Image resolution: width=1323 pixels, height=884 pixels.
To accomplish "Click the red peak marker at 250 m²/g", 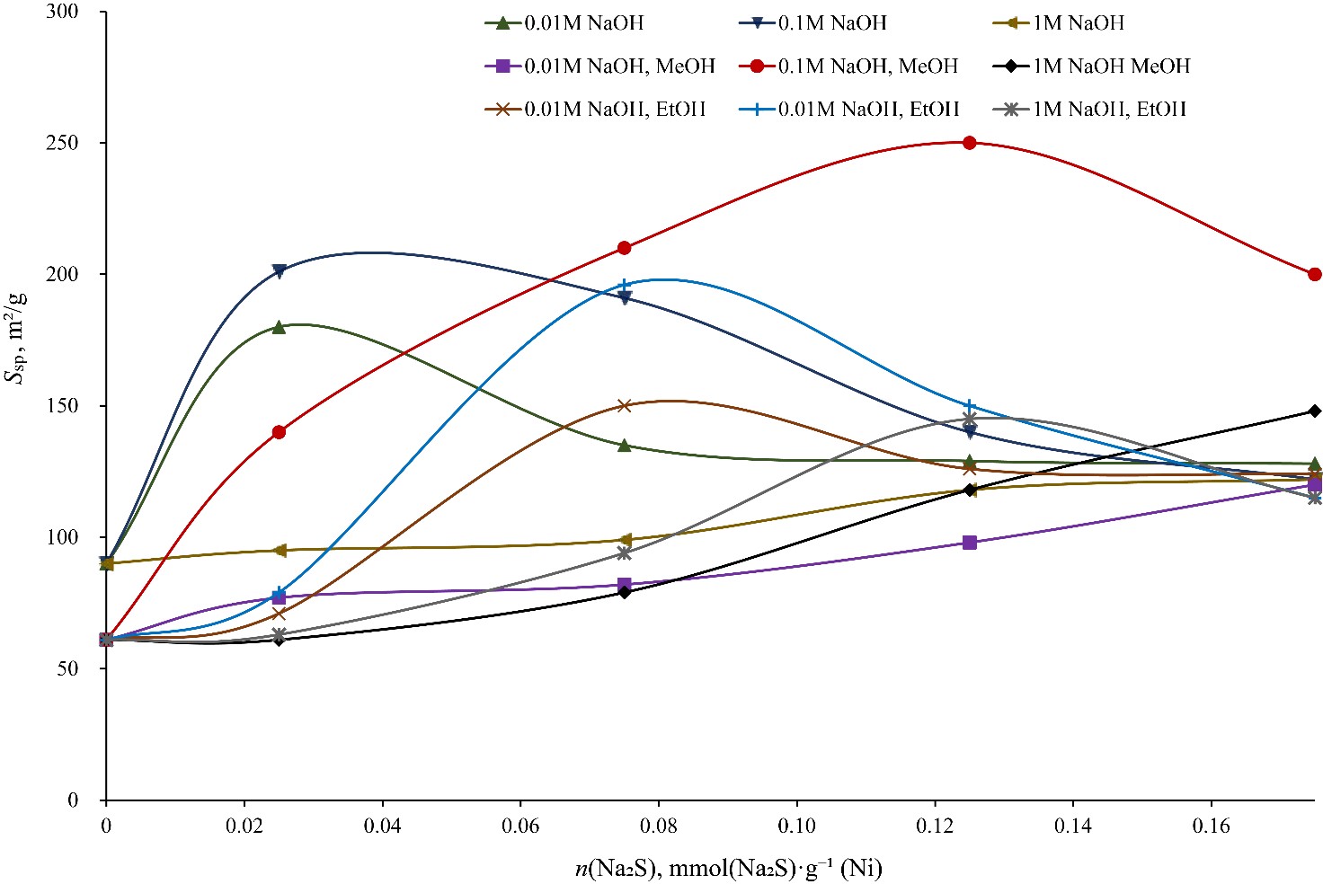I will click(969, 143).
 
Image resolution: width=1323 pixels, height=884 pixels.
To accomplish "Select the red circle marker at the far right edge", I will click(1315, 274).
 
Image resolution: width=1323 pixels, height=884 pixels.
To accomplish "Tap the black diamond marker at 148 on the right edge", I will click(1315, 411).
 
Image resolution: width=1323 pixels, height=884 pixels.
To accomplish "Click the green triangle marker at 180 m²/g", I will click(279, 327).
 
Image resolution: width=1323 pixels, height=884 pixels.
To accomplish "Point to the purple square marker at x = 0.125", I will click(969, 543).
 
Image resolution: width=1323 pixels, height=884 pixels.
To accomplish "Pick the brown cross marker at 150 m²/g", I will click(625, 405).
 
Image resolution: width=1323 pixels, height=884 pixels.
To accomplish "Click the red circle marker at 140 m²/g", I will click(279, 432).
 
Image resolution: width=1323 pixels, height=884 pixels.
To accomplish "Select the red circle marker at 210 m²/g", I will click(625, 248).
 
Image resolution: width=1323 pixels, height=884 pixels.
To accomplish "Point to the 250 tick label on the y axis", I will click(62, 143).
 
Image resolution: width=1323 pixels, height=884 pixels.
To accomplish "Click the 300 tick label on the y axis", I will click(62, 12).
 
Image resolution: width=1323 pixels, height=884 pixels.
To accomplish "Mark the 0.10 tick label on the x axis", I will click(796, 825).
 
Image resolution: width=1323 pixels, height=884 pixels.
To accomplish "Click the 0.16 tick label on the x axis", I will click(1211, 825).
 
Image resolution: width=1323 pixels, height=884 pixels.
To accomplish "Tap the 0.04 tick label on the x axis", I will click(382, 825).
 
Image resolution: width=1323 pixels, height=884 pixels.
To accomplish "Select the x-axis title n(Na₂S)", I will click(728, 868).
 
